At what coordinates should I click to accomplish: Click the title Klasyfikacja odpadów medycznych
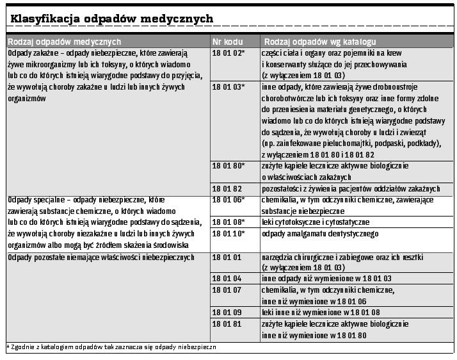(111, 19)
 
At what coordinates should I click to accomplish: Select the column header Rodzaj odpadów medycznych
(64, 42)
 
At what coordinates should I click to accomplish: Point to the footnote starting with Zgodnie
(113, 347)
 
